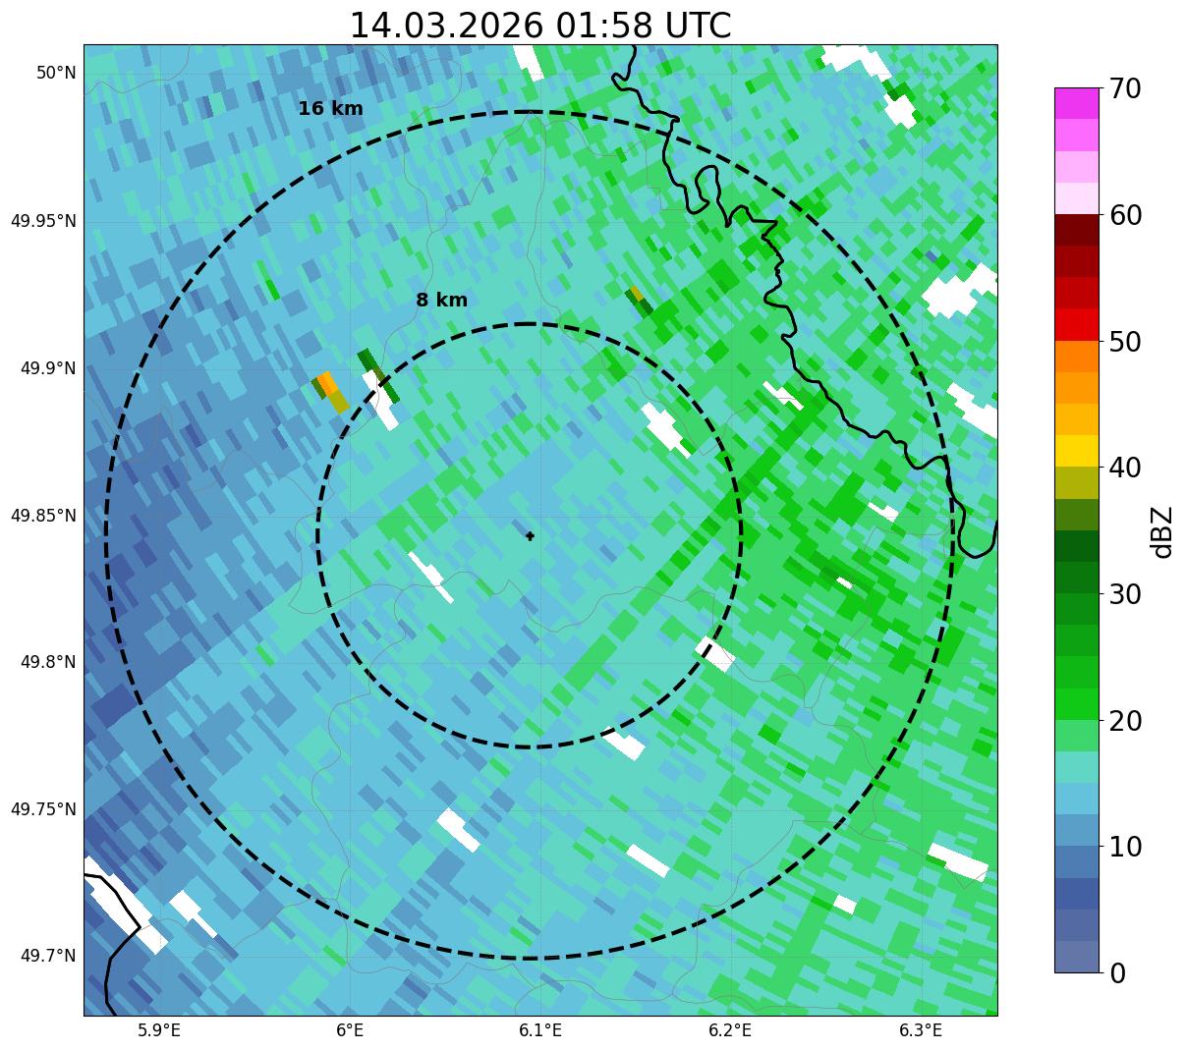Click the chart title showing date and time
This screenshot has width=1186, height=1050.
click(x=540, y=26)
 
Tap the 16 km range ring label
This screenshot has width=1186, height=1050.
click(x=330, y=109)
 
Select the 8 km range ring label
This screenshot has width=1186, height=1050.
click(x=441, y=301)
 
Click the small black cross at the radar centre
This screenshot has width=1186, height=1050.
click(x=530, y=535)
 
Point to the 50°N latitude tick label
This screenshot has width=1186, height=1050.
click(x=56, y=73)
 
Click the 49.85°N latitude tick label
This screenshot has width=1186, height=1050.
click(x=43, y=516)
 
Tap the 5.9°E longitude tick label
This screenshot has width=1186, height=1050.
click(x=159, y=1030)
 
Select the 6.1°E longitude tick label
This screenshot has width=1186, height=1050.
click(x=540, y=1030)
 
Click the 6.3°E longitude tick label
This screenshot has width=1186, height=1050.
click(x=921, y=1030)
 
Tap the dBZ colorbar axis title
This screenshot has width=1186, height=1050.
click(x=1162, y=531)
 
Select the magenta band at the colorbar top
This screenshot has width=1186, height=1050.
click(x=1075, y=103)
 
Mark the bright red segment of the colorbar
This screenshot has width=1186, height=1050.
click(x=1075, y=324)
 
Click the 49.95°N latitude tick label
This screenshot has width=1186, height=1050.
click(x=43, y=220)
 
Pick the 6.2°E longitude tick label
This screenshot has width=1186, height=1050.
click(x=730, y=1030)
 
